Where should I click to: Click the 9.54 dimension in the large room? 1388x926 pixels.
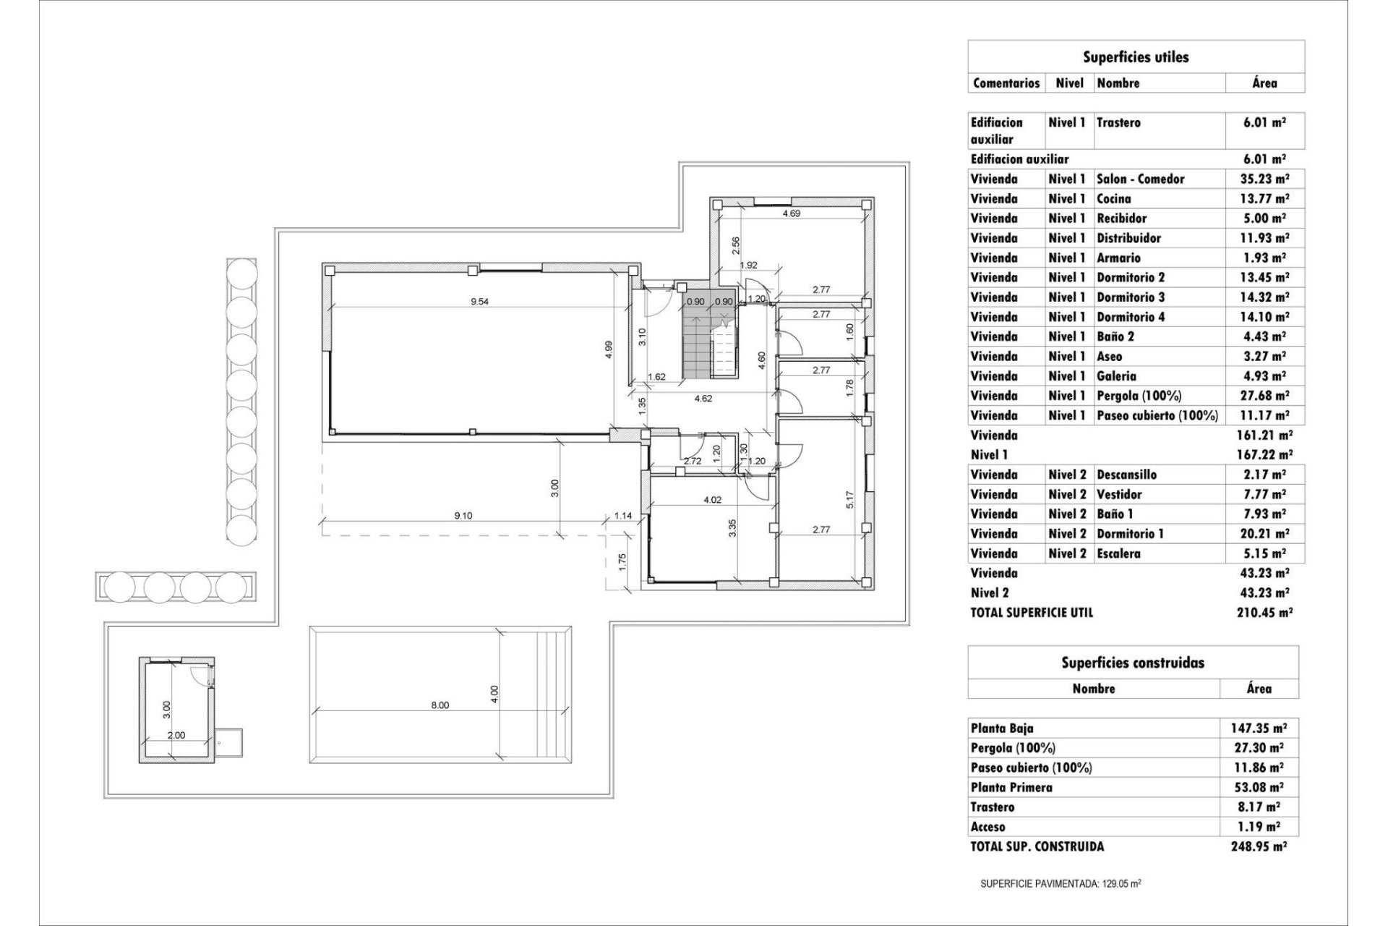click(479, 302)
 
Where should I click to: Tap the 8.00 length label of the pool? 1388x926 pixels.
click(440, 705)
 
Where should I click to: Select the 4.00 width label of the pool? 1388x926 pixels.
click(494, 694)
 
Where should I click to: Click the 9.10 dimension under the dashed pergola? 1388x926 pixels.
click(463, 516)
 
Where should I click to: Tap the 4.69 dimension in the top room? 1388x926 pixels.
click(791, 213)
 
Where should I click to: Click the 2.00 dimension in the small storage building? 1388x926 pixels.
click(176, 735)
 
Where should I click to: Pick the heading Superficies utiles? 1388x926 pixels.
click(1135, 57)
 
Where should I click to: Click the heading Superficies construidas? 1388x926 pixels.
click(1133, 662)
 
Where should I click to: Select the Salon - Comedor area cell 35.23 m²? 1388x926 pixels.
click(1264, 179)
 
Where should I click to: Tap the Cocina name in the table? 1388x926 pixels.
click(1114, 198)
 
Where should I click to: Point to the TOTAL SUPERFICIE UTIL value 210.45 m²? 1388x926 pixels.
click(1264, 613)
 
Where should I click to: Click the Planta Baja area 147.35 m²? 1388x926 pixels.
click(1259, 729)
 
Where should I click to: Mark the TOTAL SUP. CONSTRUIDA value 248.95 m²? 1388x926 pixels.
click(1259, 846)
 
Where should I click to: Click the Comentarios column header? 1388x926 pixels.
click(1006, 83)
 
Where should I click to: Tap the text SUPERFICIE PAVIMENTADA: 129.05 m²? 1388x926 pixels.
click(1061, 884)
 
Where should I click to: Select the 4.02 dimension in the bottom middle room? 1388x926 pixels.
click(712, 499)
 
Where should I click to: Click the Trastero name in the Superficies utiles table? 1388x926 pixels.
click(1118, 123)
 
